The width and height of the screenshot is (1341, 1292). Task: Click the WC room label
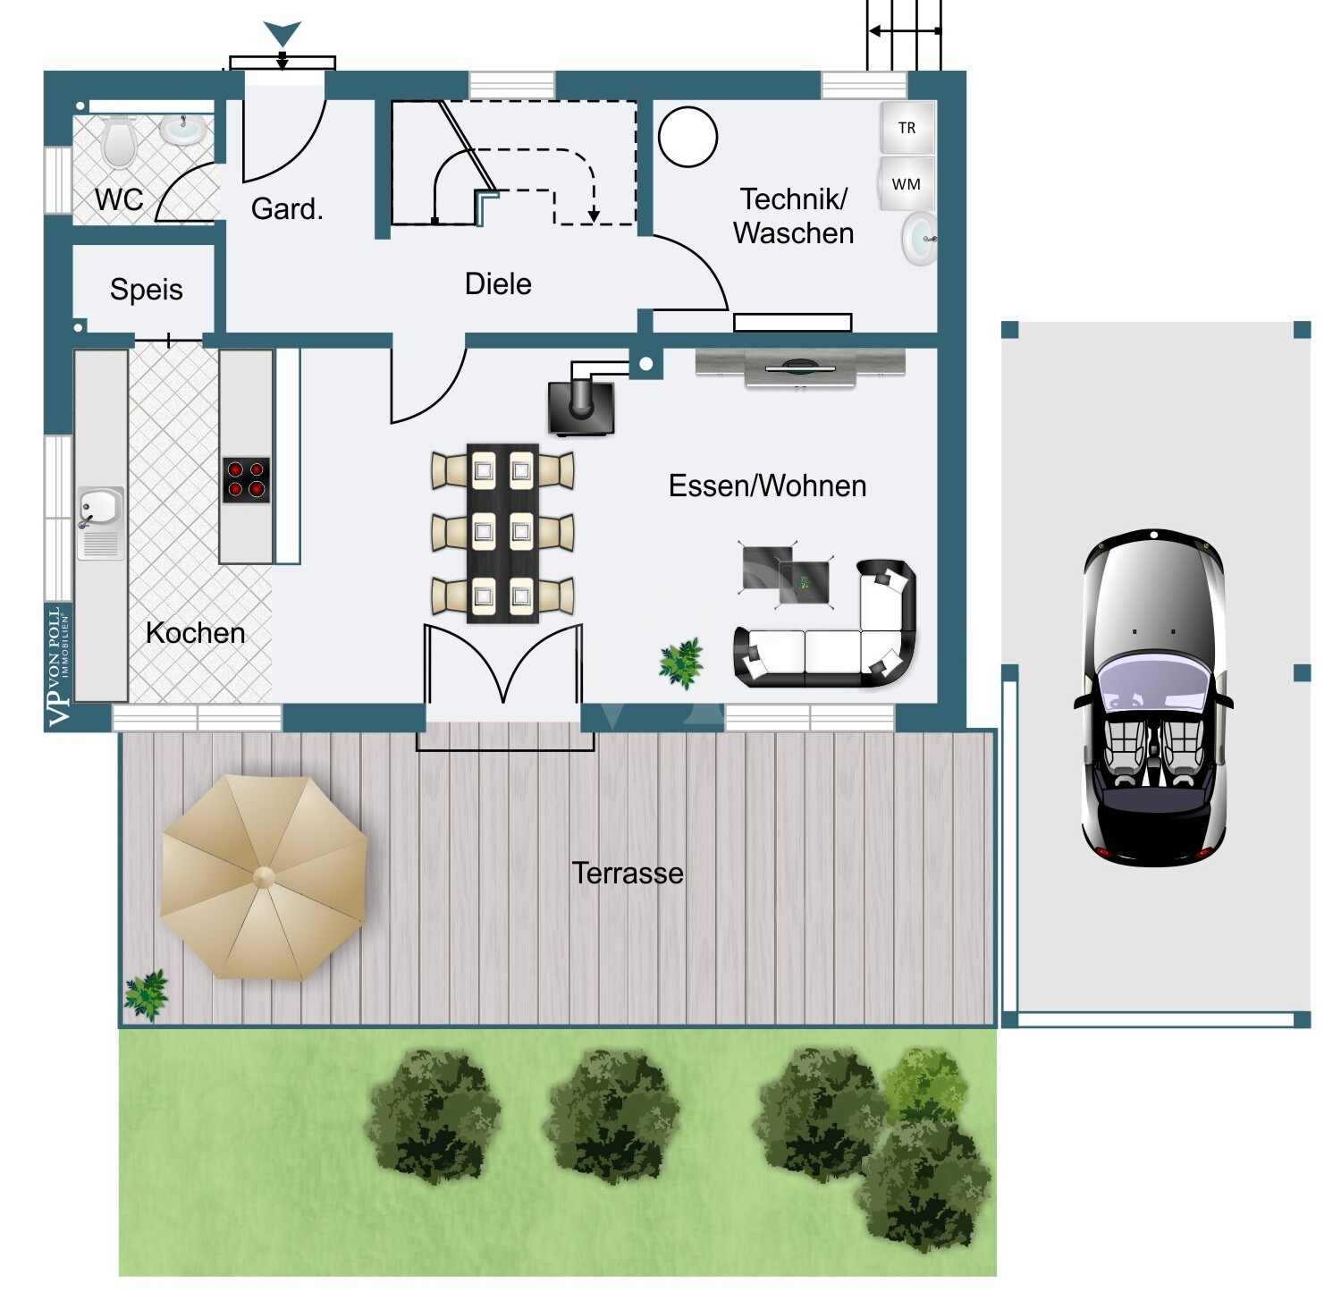[x=119, y=198]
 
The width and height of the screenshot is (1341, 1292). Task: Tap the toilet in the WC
[x=118, y=143]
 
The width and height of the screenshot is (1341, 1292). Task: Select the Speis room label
[x=146, y=290]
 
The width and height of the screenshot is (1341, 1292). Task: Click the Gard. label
[x=287, y=208]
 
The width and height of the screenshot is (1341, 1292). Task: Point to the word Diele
[x=498, y=284]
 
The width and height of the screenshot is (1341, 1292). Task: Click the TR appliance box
[x=907, y=128]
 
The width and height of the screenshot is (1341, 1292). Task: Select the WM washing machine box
[x=907, y=184]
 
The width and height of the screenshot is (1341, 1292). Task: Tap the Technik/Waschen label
[x=793, y=215]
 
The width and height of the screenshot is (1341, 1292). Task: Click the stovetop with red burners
[x=246, y=480]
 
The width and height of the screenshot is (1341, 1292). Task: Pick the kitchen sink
[x=100, y=523]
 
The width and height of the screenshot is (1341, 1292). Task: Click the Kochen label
[x=195, y=633]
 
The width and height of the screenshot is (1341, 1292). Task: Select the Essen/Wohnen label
[x=767, y=486]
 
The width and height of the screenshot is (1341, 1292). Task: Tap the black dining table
[x=502, y=533]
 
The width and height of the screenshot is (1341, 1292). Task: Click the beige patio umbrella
[x=264, y=877]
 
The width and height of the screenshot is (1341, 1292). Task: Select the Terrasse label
[x=628, y=873]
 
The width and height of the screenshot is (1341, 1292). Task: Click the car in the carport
[x=1153, y=697]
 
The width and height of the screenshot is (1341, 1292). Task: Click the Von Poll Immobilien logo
[x=59, y=667]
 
